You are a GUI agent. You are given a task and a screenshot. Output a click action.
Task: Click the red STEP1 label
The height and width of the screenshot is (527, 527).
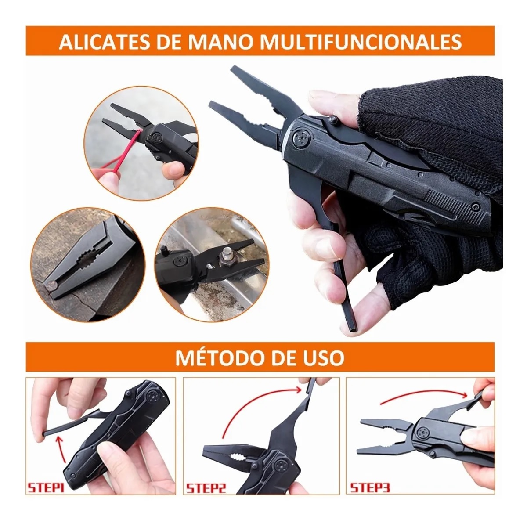[46, 488]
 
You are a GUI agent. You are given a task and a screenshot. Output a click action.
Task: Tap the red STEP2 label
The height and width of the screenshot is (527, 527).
[206, 488]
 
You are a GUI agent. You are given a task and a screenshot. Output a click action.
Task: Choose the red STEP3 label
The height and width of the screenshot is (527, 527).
[370, 488]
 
